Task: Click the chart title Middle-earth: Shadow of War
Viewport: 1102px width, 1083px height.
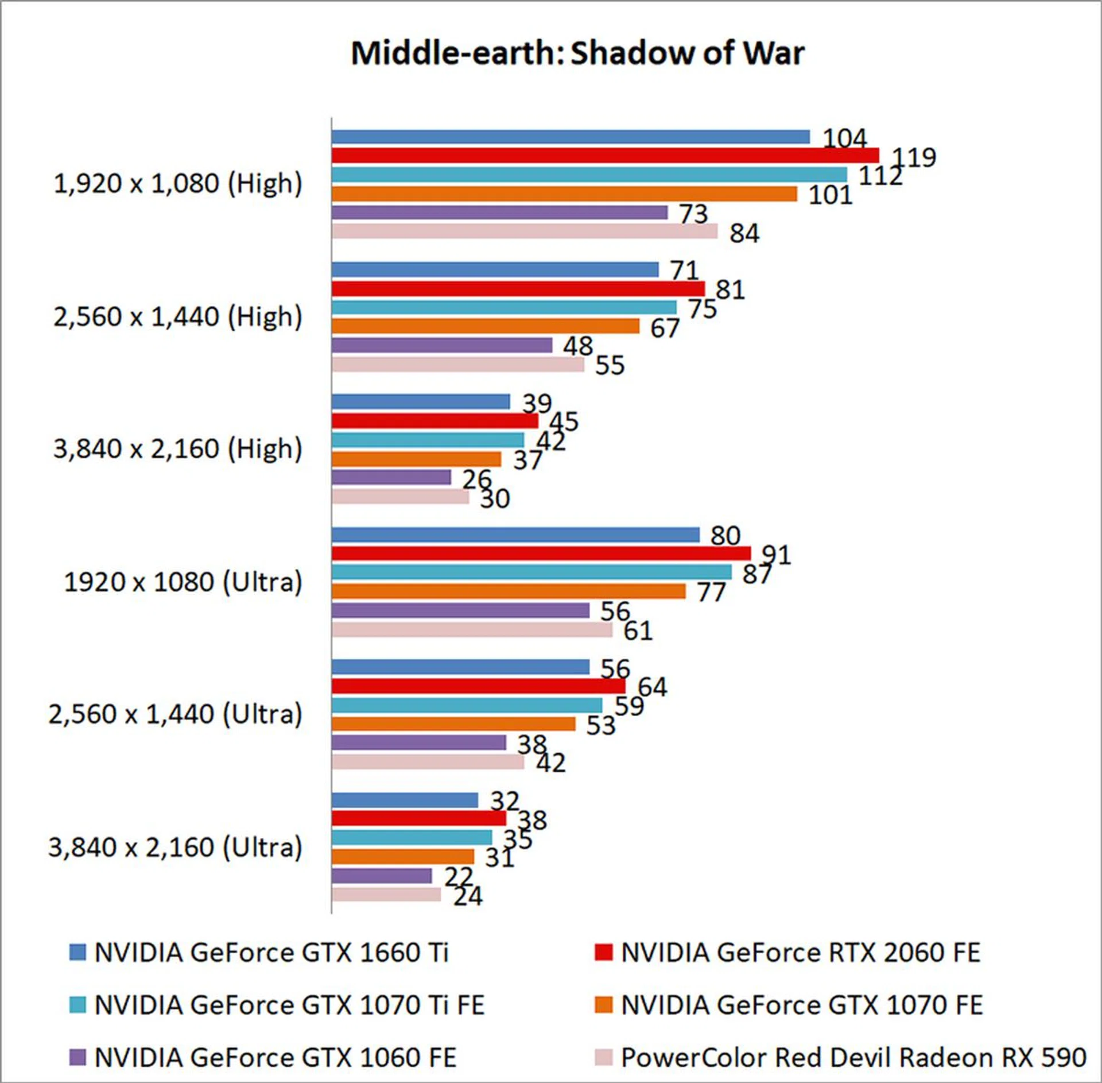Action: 577,53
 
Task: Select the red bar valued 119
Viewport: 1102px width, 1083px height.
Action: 605,155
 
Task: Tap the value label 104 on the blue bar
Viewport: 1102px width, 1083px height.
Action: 844,138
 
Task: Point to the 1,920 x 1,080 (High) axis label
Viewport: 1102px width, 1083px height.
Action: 178,184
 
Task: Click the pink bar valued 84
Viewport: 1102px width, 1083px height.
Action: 525,231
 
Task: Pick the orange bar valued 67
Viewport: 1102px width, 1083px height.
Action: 486,326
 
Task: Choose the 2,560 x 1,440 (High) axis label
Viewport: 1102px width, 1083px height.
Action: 178,316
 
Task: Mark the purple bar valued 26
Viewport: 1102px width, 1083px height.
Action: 391,477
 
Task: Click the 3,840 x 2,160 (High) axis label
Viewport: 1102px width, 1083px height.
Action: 178,448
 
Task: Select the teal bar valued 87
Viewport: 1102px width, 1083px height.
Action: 531,572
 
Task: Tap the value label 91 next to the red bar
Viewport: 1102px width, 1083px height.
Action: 776,555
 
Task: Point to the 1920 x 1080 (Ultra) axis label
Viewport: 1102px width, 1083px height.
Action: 183,582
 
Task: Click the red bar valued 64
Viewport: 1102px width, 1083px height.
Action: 479,686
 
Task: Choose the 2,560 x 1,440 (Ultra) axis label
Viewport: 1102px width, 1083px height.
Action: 176,714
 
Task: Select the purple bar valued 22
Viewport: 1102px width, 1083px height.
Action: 382,876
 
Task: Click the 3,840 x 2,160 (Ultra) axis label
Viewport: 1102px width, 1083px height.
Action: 176,847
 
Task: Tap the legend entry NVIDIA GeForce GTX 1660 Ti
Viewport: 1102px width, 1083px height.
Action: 271,953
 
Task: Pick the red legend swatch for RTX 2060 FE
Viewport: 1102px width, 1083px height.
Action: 603,953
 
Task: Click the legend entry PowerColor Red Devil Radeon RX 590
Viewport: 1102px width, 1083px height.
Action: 853,1057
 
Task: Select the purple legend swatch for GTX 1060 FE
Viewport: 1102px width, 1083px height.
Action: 77,1057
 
